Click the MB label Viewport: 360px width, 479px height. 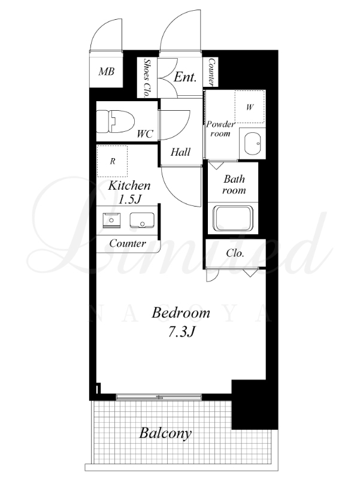[107, 72]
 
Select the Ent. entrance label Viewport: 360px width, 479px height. [185, 77]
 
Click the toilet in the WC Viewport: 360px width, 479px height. [115, 122]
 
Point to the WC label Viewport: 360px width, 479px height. [145, 134]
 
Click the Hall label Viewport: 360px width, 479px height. [180, 152]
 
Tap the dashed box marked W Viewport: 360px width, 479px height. [250, 107]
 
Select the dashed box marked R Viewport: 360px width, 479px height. [112, 161]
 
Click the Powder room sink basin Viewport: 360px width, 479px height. [252, 143]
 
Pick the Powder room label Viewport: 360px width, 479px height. [220, 129]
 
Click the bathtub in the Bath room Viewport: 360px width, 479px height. [233, 219]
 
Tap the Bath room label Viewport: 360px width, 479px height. [234, 184]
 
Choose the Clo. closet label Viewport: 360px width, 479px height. [235, 253]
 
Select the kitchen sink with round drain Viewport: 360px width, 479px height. [142, 220]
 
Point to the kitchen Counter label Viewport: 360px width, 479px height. [128, 244]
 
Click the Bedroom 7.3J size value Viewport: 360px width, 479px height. [181, 332]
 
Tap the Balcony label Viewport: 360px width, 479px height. [165, 433]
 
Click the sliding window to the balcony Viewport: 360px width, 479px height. [159, 397]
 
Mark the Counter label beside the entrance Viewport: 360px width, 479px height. [211, 72]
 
